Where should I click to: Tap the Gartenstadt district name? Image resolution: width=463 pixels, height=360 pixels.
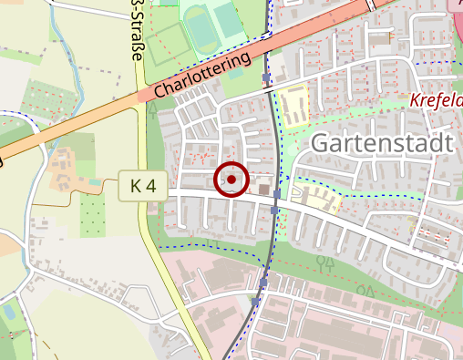tap(382, 144)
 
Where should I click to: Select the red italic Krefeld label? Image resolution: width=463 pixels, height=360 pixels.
tap(436, 100)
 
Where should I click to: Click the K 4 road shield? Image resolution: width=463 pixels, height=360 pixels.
tap(143, 186)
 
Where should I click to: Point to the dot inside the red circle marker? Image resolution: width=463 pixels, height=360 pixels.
tap(231, 180)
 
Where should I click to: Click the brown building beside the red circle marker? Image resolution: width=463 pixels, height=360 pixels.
tap(276, 192)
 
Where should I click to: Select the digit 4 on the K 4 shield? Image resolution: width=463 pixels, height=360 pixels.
tap(151, 186)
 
